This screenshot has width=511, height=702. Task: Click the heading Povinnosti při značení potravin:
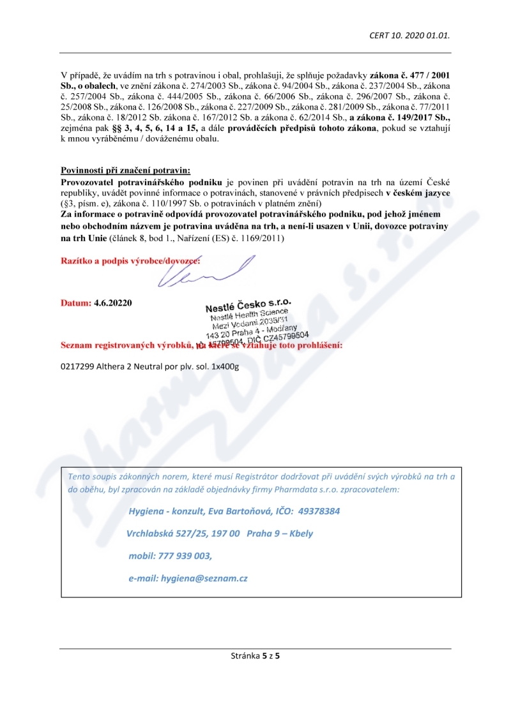(x=125, y=170)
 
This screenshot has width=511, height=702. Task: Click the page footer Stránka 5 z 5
(x=256, y=655)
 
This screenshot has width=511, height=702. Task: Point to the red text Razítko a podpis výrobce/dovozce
(x=130, y=261)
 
